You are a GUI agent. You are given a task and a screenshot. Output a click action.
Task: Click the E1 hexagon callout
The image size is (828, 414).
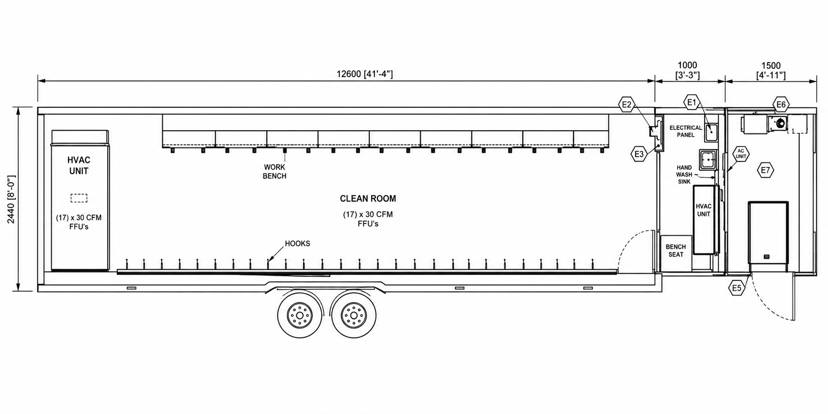(x=692, y=102)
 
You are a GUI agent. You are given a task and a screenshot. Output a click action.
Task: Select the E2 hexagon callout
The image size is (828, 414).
(x=627, y=105)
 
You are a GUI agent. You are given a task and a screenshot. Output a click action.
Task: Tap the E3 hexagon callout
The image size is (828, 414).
(x=639, y=154)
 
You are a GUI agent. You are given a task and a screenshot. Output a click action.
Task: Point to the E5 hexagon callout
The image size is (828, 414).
(x=736, y=288)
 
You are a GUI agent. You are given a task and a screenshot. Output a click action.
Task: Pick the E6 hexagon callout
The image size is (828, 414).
(x=781, y=105)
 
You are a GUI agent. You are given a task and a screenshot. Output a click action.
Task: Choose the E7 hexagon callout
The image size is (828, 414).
(x=765, y=170)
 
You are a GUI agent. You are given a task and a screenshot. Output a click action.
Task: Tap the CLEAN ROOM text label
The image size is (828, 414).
(x=368, y=198)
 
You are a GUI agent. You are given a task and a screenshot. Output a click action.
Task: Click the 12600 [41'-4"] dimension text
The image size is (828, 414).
(x=365, y=74)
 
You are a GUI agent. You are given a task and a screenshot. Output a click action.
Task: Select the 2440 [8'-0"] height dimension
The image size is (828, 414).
(x=11, y=199)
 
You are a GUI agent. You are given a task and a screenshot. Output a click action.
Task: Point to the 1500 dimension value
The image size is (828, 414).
(x=771, y=66)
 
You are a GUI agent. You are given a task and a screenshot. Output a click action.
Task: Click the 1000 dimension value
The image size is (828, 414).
(x=687, y=65)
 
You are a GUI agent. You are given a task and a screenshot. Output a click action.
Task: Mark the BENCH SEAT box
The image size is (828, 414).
(x=676, y=253)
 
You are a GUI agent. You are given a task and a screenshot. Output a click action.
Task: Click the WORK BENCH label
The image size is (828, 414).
(x=275, y=171)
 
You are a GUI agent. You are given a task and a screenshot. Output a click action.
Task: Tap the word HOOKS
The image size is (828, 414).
(x=297, y=244)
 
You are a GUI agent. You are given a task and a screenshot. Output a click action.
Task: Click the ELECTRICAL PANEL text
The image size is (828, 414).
(x=686, y=131)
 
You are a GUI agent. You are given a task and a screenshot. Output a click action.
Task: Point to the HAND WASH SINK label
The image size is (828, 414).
(x=684, y=175)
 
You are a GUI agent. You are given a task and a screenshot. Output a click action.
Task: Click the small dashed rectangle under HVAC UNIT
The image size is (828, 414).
(x=79, y=198)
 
